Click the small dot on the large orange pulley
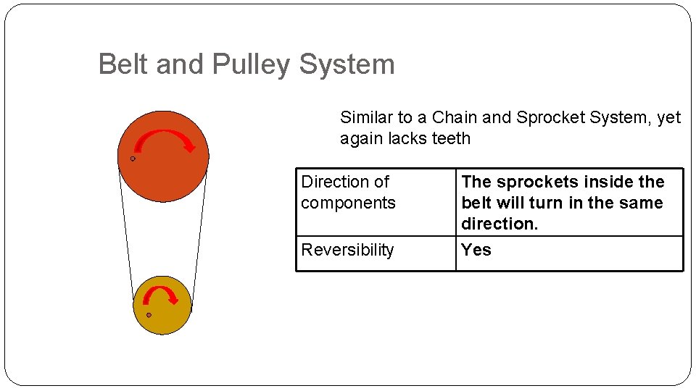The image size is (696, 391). click(x=133, y=159)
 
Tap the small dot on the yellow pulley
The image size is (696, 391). click(x=149, y=315)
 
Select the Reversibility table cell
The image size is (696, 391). click(x=348, y=250)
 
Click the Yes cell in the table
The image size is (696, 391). click(x=476, y=250)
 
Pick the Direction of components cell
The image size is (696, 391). click(x=348, y=192)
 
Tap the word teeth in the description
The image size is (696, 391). click(x=451, y=138)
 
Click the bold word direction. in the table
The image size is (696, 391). click(x=500, y=224)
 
